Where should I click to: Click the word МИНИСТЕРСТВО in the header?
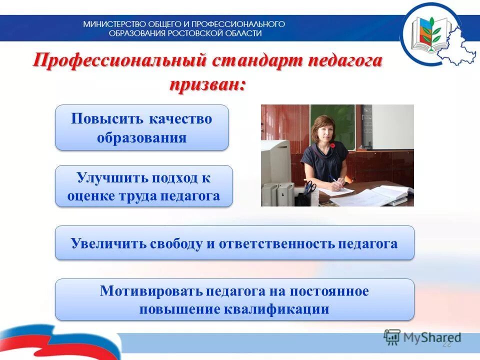coord(111,24)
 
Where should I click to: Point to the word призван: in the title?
coord(207,83)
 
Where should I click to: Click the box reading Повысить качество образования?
coord(141,127)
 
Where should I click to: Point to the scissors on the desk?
coord(310,187)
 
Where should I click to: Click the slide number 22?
coord(446,344)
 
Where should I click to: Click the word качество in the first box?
coord(180,119)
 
